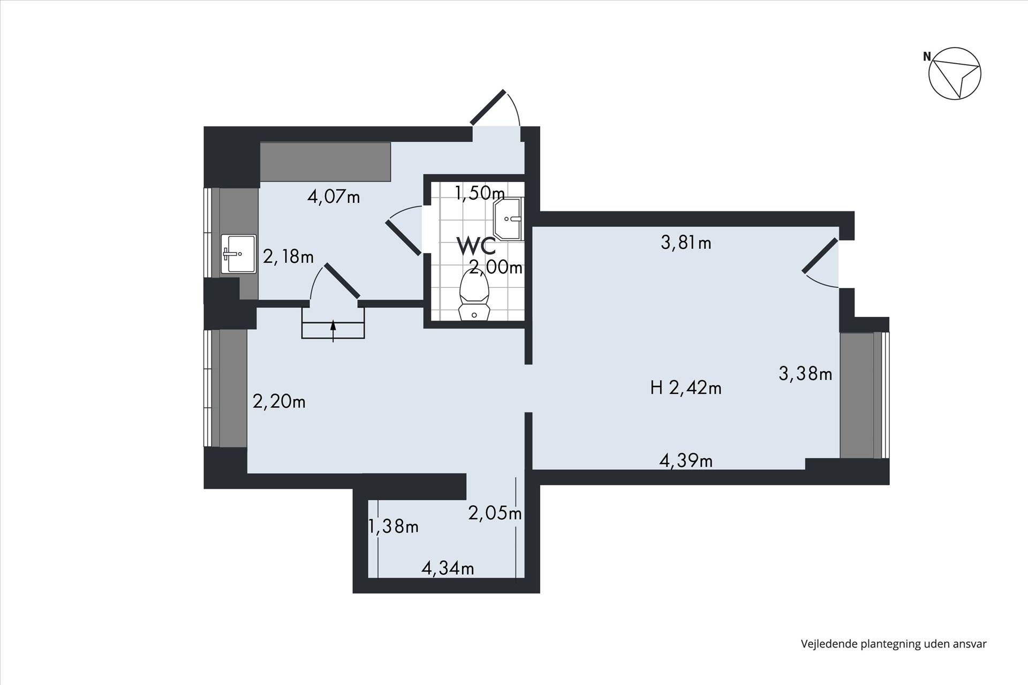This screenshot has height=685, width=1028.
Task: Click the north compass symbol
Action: point(954,73)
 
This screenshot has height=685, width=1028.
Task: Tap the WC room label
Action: point(476,246)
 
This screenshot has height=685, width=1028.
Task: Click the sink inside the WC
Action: point(508,219)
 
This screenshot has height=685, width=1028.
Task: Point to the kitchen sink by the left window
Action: point(239,254)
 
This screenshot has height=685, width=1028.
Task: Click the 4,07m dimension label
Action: point(334,197)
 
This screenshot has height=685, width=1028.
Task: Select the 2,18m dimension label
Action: point(288,257)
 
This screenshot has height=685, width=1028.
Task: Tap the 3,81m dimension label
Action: point(686,243)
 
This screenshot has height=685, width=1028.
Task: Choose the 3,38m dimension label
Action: point(805,374)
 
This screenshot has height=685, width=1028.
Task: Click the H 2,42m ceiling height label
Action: point(686,387)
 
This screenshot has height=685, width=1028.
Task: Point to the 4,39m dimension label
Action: point(686,461)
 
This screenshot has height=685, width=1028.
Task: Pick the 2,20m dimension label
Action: point(279,401)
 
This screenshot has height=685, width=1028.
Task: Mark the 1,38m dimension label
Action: point(394,527)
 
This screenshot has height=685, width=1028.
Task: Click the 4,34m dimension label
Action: point(448,568)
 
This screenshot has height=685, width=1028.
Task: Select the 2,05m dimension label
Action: point(495,514)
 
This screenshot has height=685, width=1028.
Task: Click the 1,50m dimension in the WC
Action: point(480,193)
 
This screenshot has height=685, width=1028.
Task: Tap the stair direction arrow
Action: point(333,331)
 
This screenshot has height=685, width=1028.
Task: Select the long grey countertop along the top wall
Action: point(325,162)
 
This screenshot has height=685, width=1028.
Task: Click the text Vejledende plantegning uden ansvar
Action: point(894,644)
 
